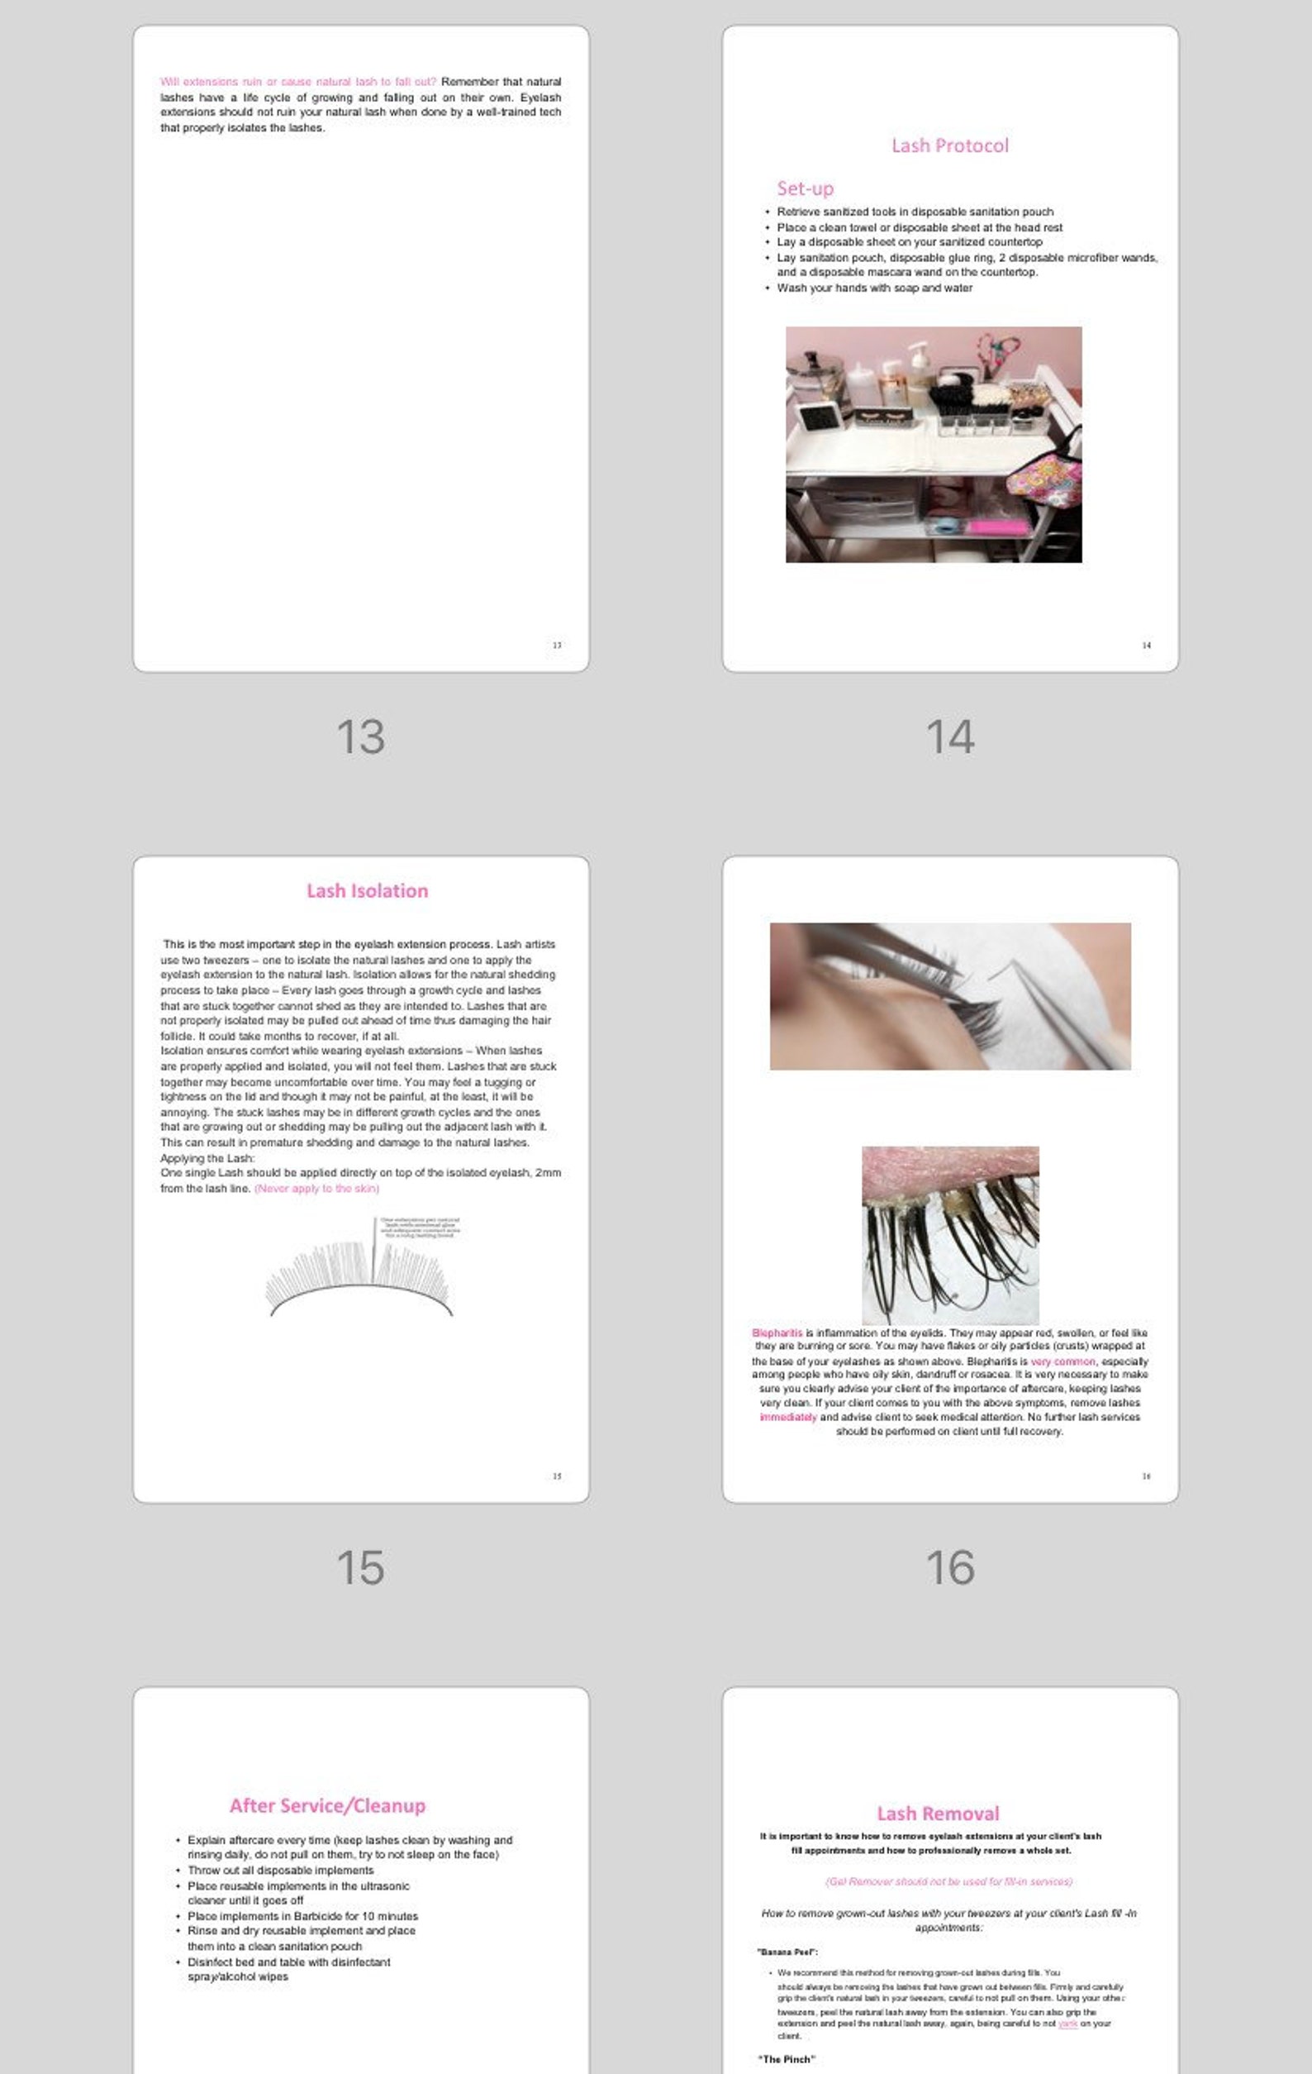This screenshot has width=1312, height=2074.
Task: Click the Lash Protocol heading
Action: click(949, 145)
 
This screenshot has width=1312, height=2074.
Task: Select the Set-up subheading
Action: click(805, 188)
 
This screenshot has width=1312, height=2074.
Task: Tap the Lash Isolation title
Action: click(367, 890)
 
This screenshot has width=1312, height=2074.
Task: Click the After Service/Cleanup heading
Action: click(327, 1805)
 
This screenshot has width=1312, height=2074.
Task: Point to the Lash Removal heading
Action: click(938, 1813)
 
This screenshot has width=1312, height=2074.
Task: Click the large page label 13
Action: click(360, 737)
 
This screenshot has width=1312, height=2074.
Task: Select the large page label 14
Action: click(949, 737)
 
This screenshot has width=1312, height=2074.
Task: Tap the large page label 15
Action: click(360, 1567)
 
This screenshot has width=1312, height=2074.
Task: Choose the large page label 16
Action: click(949, 1567)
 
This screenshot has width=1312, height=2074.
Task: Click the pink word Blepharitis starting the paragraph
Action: click(777, 1333)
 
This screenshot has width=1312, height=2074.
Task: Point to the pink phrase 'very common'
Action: click(1062, 1361)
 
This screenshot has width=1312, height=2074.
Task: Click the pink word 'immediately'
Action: click(787, 1417)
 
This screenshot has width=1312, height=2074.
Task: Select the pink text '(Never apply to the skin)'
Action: click(316, 1189)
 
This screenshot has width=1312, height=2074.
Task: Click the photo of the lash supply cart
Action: click(934, 445)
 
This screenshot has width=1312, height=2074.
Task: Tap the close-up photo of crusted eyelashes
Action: click(949, 1234)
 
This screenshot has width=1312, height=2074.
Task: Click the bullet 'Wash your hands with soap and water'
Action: click(874, 288)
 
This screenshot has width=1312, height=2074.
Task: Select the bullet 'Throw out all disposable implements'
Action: click(281, 1870)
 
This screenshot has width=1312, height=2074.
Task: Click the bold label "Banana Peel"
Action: click(787, 1952)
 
